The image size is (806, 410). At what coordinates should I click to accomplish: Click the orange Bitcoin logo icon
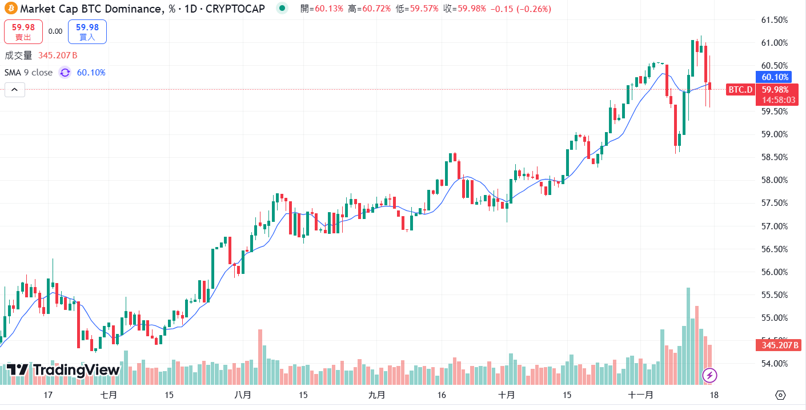(x=10, y=9)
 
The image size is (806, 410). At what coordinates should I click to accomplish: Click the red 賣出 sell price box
(x=23, y=31)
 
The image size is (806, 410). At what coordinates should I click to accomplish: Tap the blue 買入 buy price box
(x=87, y=31)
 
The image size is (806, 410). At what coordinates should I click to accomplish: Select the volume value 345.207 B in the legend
(x=58, y=55)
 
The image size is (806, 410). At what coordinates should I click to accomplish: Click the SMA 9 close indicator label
(x=29, y=73)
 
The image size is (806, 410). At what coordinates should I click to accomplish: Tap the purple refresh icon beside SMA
(x=65, y=73)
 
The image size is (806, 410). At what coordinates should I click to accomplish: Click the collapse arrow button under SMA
(x=15, y=90)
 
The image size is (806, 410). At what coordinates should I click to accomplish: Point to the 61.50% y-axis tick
(x=775, y=20)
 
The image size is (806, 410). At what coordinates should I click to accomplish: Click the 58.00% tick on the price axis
(x=775, y=180)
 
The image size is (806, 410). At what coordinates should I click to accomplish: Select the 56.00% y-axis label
(x=775, y=272)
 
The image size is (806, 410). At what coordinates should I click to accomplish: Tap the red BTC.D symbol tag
(x=740, y=90)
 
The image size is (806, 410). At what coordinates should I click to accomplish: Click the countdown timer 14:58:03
(x=775, y=99)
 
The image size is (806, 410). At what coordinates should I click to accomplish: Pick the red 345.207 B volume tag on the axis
(x=779, y=345)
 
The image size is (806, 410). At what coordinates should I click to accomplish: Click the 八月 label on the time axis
(x=243, y=395)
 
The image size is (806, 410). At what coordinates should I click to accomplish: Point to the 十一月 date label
(x=640, y=395)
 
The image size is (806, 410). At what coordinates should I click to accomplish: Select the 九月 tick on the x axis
(x=376, y=395)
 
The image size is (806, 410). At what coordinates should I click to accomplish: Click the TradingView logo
(x=63, y=370)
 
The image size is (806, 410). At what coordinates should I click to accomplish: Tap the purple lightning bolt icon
(x=709, y=375)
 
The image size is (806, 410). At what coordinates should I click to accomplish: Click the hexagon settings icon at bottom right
(x=781, y=395)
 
